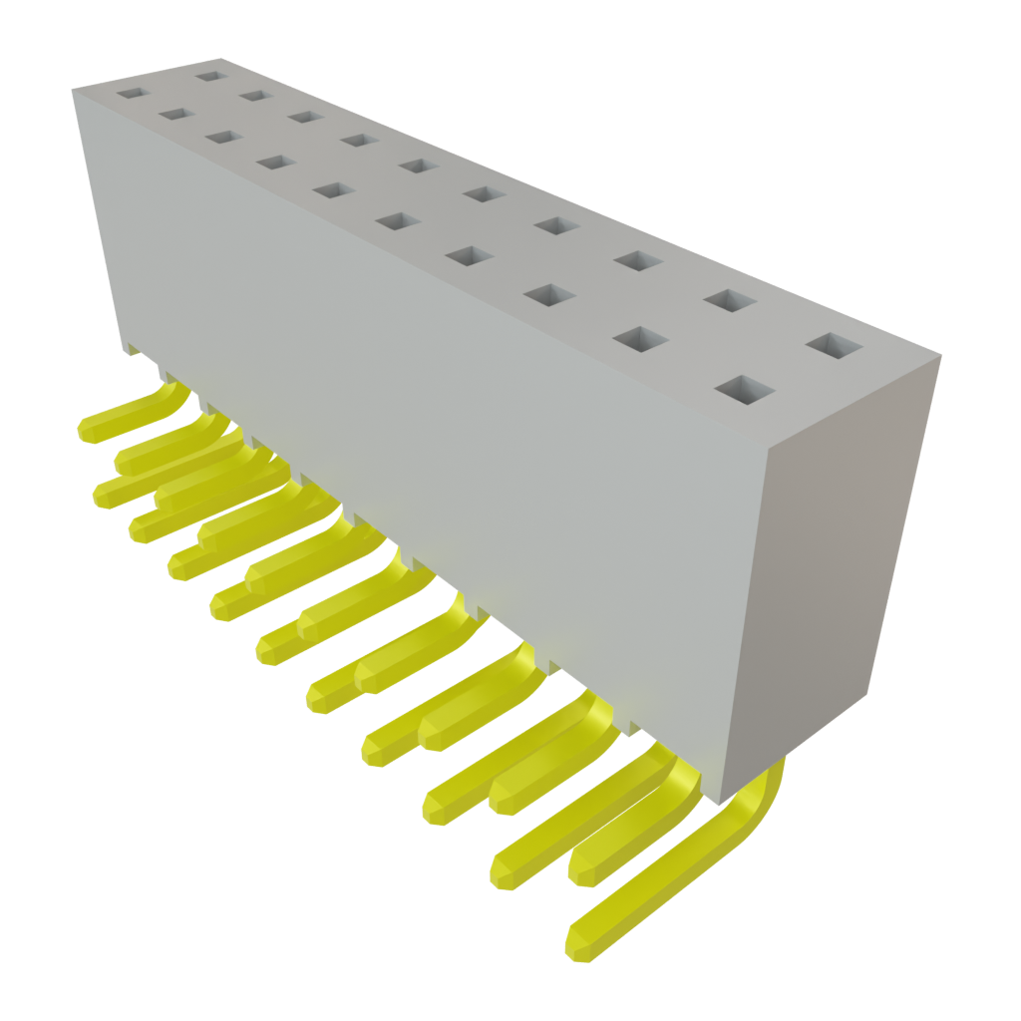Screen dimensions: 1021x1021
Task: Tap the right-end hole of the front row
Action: [744, 390]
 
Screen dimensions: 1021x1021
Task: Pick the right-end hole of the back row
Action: [834, 346]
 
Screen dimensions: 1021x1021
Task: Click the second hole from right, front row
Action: [640, 338]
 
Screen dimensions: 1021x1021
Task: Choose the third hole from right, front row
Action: [550, 294]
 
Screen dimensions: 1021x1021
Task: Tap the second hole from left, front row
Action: [176, 115]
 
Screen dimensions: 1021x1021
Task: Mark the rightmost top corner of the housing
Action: [940, 354]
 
